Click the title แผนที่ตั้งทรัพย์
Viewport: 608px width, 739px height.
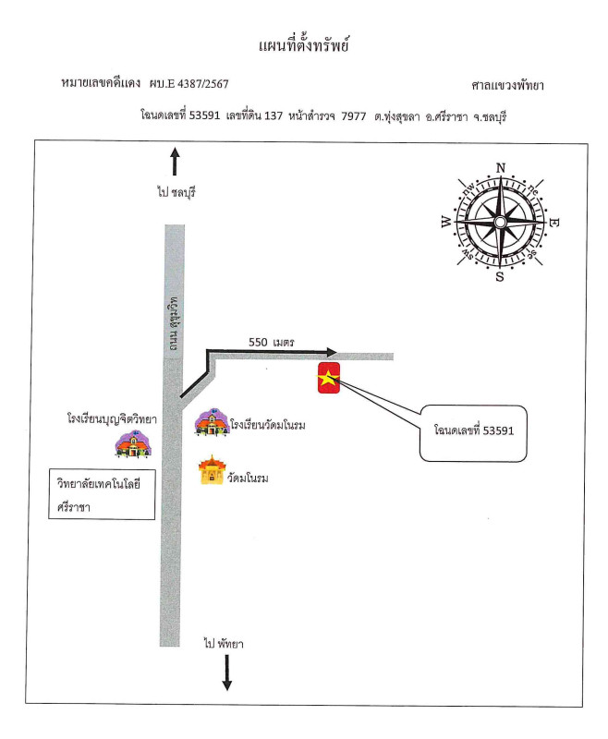[303, 45]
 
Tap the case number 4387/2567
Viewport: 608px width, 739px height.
[202, 84]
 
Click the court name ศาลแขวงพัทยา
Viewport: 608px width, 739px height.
[507, 85]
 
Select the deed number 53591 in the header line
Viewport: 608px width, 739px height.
[204, 115]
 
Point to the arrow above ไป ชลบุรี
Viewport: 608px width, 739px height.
[175, 162]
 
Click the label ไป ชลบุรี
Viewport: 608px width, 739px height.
[176, 192]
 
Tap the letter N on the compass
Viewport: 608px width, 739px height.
[501, 168]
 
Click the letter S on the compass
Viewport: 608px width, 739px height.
[500, 276]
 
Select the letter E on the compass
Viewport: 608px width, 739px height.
[554, 223]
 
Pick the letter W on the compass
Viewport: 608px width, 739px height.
[446, 222]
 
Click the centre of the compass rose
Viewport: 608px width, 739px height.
[500, 222]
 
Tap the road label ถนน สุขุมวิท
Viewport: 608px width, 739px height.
[174, 323]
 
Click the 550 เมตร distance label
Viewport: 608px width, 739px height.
[272, 342]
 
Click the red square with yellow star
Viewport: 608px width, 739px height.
[329, 378]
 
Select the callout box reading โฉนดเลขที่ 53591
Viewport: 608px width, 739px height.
[473, 432]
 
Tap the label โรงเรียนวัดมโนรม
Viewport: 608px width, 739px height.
[268, 425]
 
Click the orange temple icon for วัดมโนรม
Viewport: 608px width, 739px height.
[212, 470]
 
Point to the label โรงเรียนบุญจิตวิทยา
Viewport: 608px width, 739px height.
[112, 418]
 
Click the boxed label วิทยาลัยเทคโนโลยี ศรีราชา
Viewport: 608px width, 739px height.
[102, 494]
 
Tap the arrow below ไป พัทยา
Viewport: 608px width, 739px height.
[226, 672]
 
